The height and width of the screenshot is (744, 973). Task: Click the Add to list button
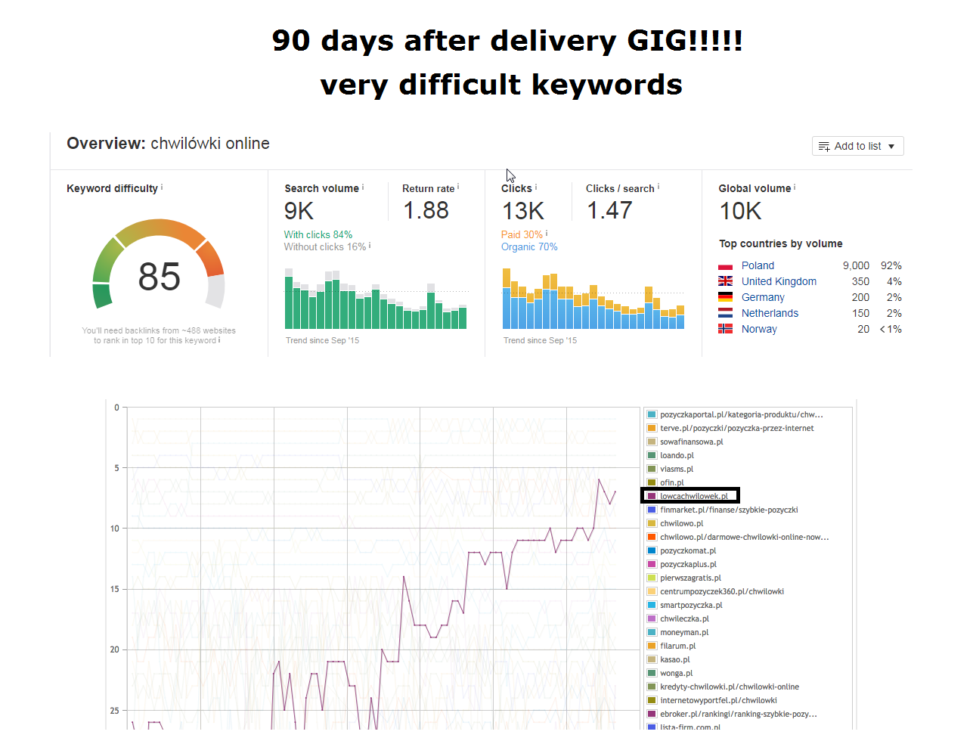point(857,146)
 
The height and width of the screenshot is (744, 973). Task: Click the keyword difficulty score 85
point(159,277)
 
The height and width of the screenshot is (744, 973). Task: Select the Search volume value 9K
point(299,211)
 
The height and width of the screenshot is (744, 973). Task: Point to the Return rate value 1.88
point(426,210)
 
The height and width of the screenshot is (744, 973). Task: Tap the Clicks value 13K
point(522,211)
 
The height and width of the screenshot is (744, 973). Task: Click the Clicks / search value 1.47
point(609,210)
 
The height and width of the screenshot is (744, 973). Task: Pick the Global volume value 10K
point(740,211)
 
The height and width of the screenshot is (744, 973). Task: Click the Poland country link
point(758,265)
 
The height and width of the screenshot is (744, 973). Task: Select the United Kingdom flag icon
point(725,281)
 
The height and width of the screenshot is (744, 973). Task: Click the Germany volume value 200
point(860,297)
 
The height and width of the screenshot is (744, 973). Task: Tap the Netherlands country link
point(770,313)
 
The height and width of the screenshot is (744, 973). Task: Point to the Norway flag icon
point(725,329)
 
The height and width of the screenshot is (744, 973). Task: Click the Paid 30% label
point(522,234)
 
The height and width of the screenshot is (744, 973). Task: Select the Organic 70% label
point(529,247)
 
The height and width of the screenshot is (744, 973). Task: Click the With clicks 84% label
point(318,234)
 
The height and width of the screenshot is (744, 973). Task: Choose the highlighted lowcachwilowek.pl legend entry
point(693,496)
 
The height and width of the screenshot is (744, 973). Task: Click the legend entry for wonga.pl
point(676,673)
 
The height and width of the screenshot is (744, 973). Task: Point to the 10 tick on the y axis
point(115,529)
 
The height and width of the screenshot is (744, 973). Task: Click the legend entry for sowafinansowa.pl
point(691,442)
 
